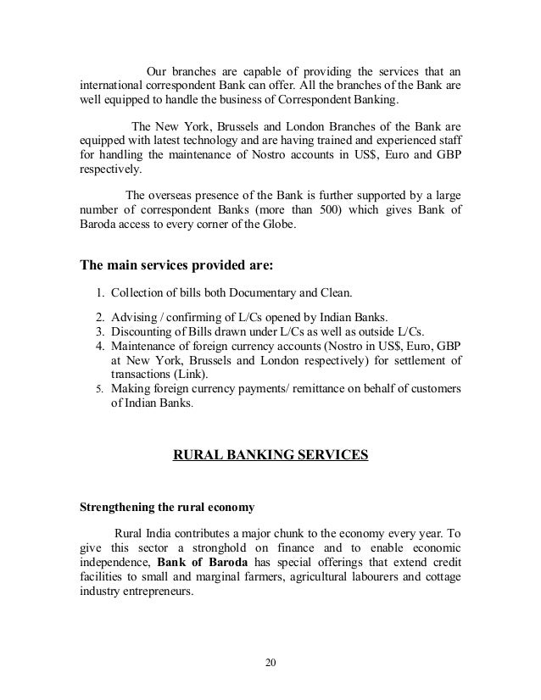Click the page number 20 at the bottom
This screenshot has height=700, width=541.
pos(270,662)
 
